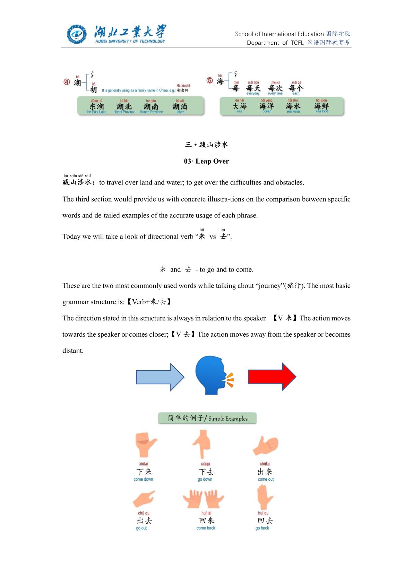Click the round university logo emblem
[77, 35]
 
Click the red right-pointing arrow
[272, 377]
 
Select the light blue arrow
[160, 377]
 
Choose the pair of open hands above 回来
[204, 499]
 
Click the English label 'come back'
[206, 528]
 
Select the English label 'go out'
[141, 528]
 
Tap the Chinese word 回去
[265, 521]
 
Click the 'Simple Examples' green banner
[207, 418]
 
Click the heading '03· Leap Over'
[206, 161]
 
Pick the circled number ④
[67, 82]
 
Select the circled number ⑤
[209, 81]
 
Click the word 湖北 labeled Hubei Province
[124, 106]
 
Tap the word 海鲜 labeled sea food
[321, 106]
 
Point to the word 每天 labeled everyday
[253, 88]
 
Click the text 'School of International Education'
[279, 34]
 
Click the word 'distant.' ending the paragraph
[73, 351]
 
